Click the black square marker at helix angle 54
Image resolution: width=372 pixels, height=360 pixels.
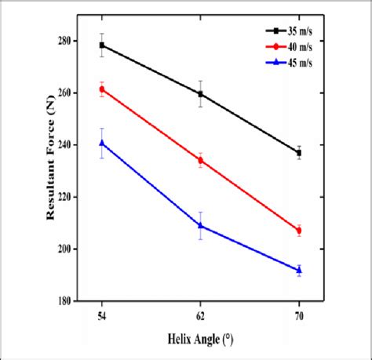102,45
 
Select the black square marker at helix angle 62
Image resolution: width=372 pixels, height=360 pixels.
201,94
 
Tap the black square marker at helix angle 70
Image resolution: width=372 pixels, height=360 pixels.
299,153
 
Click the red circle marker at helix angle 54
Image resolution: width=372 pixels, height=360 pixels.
102,89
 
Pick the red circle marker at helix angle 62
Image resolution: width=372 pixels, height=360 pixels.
201,160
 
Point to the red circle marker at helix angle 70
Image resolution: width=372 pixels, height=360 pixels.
299,230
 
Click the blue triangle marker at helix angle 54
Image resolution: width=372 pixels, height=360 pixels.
102,143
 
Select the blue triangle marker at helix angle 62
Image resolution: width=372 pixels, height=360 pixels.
201,225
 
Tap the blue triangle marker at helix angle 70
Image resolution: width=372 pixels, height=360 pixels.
299,270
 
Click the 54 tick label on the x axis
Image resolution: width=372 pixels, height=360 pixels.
102,315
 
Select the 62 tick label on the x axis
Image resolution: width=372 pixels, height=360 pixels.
201,315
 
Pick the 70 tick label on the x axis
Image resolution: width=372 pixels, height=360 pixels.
299,315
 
